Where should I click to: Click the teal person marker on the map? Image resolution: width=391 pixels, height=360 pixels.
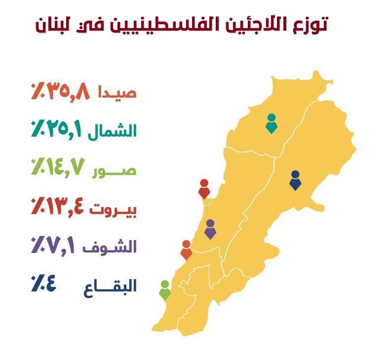[271, 123]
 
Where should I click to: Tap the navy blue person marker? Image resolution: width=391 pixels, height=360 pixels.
[295, 180]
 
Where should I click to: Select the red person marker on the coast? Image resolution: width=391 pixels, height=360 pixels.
[204, 189]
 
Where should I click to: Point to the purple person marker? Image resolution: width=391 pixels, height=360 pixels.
[210, 229]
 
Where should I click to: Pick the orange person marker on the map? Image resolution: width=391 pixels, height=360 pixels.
[186, 250]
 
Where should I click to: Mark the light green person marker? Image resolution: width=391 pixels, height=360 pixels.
[165, 290]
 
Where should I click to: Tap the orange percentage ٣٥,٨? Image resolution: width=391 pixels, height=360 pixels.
[60, 92]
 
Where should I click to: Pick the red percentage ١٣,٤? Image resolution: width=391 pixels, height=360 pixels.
[58, 208]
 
